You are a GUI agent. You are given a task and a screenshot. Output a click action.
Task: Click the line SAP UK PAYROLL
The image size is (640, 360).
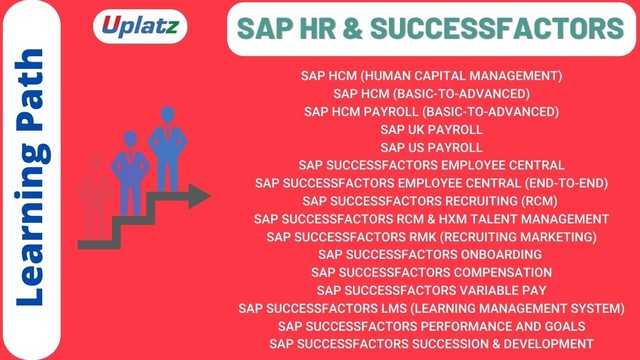tap(431, 129)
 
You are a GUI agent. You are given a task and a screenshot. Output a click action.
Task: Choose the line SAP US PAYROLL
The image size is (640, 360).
tap(431, 147)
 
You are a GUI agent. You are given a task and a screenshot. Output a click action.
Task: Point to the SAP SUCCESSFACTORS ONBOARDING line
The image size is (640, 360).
tap(431, 254)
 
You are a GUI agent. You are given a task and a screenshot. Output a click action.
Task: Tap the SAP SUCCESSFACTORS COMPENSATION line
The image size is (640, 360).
tap(431, 272)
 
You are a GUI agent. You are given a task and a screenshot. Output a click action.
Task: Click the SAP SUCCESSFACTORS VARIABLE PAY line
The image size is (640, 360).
tap(431, 290)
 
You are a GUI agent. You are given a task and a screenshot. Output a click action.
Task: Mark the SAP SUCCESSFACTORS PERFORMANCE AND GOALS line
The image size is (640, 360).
tap(431, 326)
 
